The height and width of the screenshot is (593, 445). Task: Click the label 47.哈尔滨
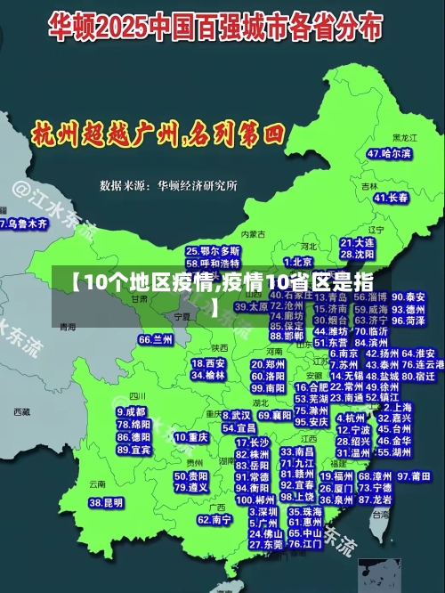pos(388,154)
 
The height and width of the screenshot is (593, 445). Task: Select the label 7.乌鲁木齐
pos(24,224)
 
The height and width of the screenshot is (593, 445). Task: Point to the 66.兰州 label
pos(156,339)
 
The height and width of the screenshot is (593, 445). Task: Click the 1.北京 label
pos(302,262)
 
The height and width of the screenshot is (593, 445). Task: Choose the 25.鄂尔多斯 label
pos(213,252)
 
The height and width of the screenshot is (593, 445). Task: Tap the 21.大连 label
pos(357,242)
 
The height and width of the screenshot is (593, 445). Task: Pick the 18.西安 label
pos(208,363)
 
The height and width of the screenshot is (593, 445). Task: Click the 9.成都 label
pos(131,412)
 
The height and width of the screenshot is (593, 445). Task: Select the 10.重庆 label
pos(191,437)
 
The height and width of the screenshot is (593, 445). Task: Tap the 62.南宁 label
pos(214,519)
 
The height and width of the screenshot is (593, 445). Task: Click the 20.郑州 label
pos(268,364)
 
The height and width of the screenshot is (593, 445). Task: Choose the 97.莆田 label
pos(415,476)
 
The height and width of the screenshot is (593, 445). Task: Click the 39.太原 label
pos(251,306)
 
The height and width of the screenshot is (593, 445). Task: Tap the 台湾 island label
pos(380,514)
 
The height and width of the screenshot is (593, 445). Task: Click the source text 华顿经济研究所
pos(198,186)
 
